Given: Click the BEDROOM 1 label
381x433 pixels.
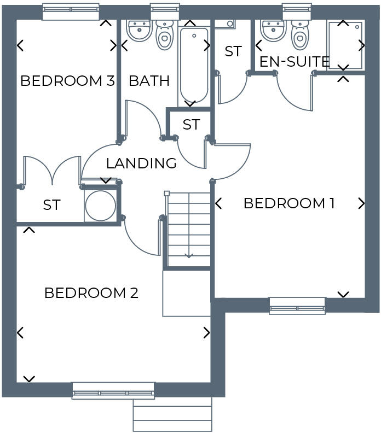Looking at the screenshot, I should (x=288, y=203).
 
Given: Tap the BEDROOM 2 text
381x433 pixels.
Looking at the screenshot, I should (x=91, y=293).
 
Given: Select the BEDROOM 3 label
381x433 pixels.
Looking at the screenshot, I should (x=67, y=81).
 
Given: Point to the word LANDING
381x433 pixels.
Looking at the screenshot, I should (x=141, y=163).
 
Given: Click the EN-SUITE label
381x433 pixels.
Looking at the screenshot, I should (x=295, y=61).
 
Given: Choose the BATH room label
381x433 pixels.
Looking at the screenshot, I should (x=149, y=81).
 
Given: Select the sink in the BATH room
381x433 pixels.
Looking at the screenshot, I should (x=139, y=31).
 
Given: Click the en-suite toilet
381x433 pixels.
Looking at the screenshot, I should (x=299, y=34).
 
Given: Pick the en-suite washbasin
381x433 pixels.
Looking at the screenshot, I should (x=273, y=31).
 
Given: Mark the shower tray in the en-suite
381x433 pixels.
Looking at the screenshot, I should (x=345, y=45).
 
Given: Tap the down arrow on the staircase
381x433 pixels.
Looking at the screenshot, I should (x=189, y=254).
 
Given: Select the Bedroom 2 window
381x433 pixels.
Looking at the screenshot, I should (x=113, y=390).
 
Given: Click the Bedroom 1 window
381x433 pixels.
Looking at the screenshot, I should (x=297, y=306).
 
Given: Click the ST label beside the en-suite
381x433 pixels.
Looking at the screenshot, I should (x=233, y=51).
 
